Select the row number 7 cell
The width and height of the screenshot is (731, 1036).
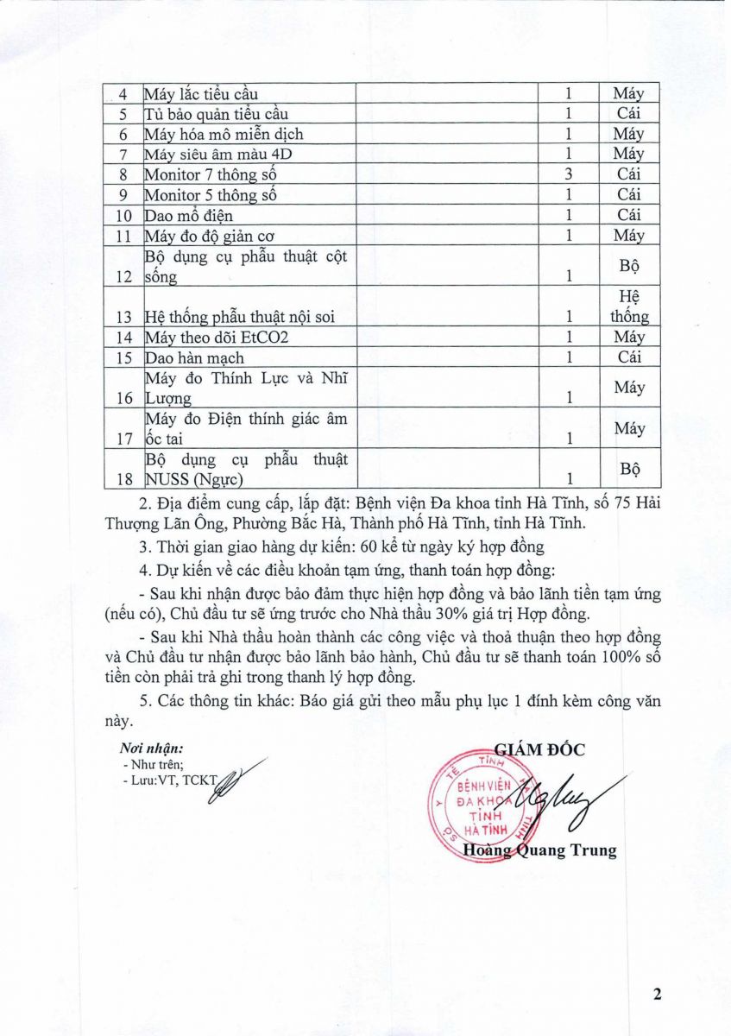pyautogui.click(x=123, y=155)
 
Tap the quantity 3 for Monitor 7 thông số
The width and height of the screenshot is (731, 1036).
pyautogui.click(x=569, y=174)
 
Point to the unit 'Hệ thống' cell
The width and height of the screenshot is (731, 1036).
pyautogui.click(x=629, y=307)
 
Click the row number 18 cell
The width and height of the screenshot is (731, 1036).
pyautogui.click(x=123, y=478)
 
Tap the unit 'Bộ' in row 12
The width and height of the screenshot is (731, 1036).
pyautogui.click(x=629, y=266)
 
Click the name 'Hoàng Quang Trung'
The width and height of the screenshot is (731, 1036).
pyautogui.click(x=539, y=850)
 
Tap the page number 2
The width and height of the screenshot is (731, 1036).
pyautogui.click(x=657, y=994)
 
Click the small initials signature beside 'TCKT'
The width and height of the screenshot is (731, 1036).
pyautogui.click(x=236, y=780)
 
